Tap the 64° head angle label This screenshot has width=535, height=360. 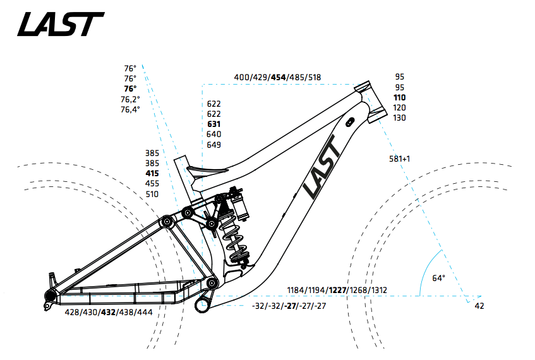438,278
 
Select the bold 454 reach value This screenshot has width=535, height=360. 278,77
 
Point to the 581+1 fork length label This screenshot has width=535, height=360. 400,159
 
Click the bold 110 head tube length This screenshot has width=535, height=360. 399,97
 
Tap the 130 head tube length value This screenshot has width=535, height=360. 399,118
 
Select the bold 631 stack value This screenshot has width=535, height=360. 214,124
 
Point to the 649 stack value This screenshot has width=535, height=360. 214,145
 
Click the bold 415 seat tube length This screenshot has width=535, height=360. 152,173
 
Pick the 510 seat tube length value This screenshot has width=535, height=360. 152,194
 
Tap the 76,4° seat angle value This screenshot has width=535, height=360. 130,109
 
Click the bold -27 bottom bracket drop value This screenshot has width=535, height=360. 290,306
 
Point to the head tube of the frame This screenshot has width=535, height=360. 370,100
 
